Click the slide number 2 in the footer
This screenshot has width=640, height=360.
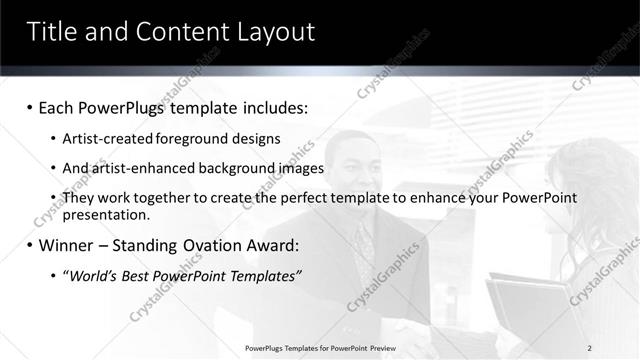tap(590, 347)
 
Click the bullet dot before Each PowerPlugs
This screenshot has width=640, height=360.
tap(30, 106)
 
